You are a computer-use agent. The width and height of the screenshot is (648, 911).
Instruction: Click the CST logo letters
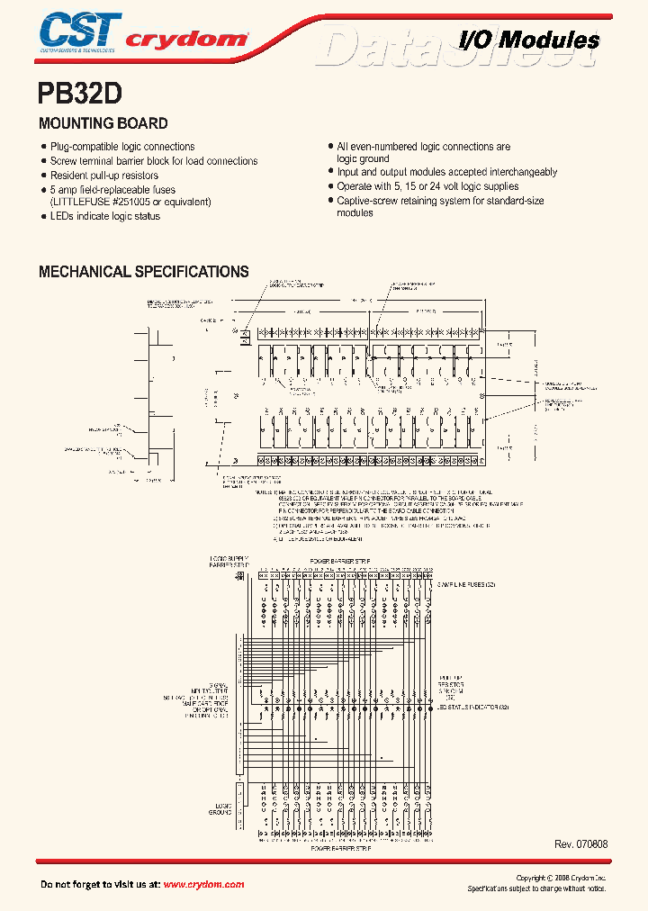click(78, 29)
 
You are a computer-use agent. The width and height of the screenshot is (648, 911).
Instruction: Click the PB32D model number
click(79, 94)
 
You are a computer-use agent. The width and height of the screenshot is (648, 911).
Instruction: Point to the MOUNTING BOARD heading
click(103, 123)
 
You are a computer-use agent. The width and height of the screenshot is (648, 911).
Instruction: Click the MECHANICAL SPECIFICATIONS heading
click(144, 271)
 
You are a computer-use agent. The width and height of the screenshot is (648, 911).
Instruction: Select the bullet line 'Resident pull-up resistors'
click(103, 176)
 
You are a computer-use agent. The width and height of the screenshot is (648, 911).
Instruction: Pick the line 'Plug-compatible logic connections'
click(121, 147)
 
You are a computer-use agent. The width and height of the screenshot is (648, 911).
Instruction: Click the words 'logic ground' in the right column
click(363, 158)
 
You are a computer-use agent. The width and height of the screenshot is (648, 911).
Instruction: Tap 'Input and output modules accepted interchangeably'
click(446, 172)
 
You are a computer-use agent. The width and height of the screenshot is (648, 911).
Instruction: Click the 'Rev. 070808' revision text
click(581, 844)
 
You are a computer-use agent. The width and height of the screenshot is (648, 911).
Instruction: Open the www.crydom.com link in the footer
click(203, 885)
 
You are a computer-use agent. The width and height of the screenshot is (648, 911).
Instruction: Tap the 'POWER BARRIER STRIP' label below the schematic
click(341, 848)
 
